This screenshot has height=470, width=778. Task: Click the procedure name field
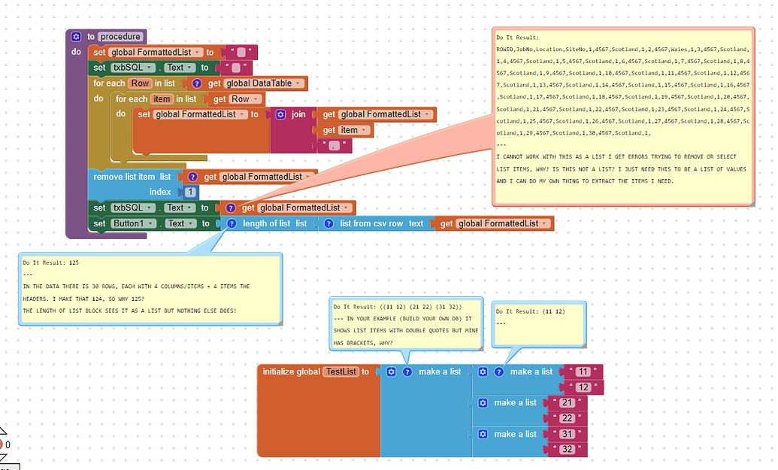click(120, 37)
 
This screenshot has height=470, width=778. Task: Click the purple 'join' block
click(298, 114)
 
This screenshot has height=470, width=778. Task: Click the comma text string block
click(331, 145)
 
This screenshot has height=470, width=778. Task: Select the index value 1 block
click(191, 193)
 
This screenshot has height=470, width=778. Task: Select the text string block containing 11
click(583, 371)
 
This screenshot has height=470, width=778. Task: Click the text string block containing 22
click(567, 418)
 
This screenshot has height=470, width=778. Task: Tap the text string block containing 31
click(567, 434)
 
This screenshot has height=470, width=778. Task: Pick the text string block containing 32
click(567, 450)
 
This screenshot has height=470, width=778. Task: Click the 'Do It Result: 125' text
click(50, 263)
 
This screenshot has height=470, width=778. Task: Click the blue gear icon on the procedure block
click(76, 37)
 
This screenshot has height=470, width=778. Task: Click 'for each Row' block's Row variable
click(141, 83)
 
